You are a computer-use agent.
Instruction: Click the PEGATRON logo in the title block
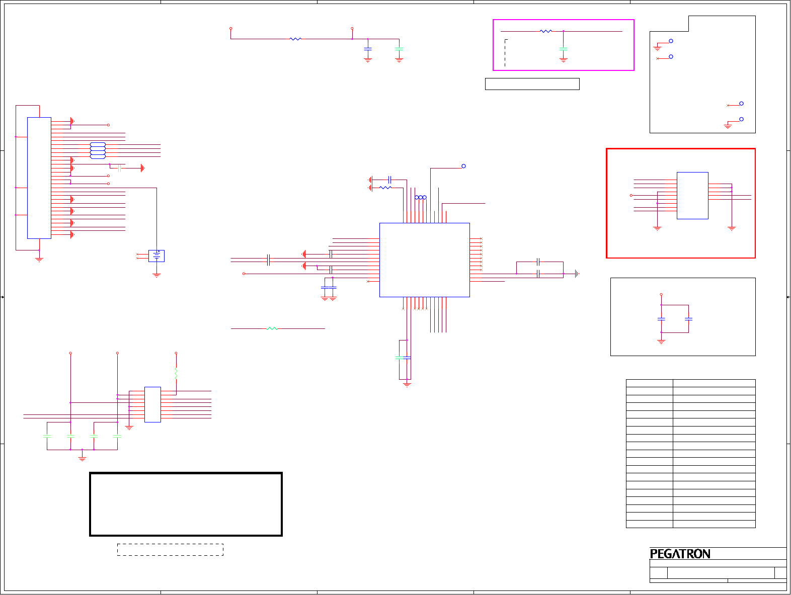click(x=680, y=554)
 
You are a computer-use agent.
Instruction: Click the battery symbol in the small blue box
click(x=156, y=256)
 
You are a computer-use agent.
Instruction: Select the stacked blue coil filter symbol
click(x=98, y=150)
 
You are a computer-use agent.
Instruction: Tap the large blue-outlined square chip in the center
click(x=424, y=260)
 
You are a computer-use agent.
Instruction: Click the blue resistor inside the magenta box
click(x=545, y=31)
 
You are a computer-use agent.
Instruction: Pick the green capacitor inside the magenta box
click(x=563, y=49)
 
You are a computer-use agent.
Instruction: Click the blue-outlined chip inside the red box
click(x=692, y=195)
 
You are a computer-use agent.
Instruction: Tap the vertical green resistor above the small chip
click(x=176, y=373)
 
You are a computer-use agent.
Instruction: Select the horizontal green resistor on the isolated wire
click(x=272, y=328)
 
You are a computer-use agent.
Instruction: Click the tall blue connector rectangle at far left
click(x=39, y=178)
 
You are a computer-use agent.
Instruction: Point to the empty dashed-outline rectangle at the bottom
click(x=170, y=549)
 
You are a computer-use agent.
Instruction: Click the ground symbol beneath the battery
click(x=156, y=275)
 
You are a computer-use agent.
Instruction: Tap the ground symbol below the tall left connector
click(x=39, y=260)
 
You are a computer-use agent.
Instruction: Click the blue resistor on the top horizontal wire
click(x=295, y=39)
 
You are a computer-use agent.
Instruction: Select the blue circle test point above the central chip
click(x=463, y=166)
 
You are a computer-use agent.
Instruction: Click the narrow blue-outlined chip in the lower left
click(x=152, y=404)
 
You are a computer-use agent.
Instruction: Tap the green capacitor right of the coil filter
click(x=120, y=168)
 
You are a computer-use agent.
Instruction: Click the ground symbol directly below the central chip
click(x=407, y=385)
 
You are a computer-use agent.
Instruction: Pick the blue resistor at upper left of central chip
click(x=385, y=188)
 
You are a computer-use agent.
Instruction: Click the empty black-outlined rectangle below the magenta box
click(x=532, y=84)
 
